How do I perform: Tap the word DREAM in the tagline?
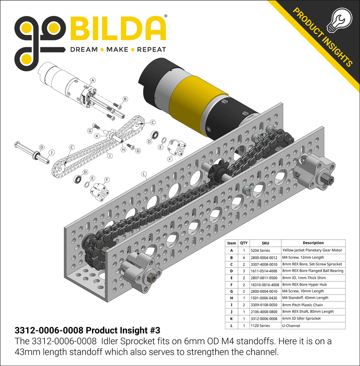click(x=84, y=50)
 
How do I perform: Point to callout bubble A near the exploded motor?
click(x=93, y=80)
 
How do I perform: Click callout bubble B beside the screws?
click(x=125, y=99)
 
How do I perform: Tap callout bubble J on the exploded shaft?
click(x=51, y=152)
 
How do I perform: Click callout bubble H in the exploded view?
click(x=123, y=149)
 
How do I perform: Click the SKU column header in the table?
click(x=265, y=243)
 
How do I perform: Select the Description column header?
click(x=313, y=243)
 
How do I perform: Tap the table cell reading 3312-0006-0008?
click(x=265, y=318)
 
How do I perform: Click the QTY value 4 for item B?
click(x=244, y=257)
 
